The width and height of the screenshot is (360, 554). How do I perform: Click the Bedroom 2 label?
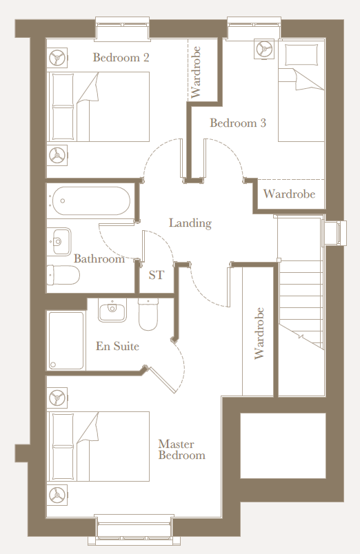(x=121, y=58)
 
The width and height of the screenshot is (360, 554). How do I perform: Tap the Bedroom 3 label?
(x=238, y=123)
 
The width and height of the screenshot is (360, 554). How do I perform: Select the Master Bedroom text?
(x=182, y=449)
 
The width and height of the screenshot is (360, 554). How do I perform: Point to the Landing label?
(x=190, y=223)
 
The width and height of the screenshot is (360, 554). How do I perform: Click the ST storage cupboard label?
(x=157, y=275)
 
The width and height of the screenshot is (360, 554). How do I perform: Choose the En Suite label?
(x=117, y=346)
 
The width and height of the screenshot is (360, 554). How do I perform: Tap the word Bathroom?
(x=99, y=258)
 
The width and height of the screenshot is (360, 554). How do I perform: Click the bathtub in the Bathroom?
(x=91, y=201)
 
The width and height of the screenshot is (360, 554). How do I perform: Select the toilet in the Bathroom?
(x=63, y=274)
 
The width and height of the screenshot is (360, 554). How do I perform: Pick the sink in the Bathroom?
(x=61, y=242)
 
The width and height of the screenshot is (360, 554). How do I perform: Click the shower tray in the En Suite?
(x=66, y=340)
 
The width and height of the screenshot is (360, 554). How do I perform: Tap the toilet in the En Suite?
(x=148, y=314)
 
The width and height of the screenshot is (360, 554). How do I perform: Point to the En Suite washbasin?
(x=112, y=310)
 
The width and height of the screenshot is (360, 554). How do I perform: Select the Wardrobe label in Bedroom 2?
(x=196, y=72)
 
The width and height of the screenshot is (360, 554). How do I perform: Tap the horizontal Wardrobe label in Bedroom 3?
(x=289, y=194)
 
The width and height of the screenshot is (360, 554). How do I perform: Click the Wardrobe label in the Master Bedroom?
(x=259, y=334)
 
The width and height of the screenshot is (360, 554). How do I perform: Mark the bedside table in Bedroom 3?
(x=264, y=49)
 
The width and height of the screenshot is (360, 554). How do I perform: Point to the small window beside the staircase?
(x=334, y=233)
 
